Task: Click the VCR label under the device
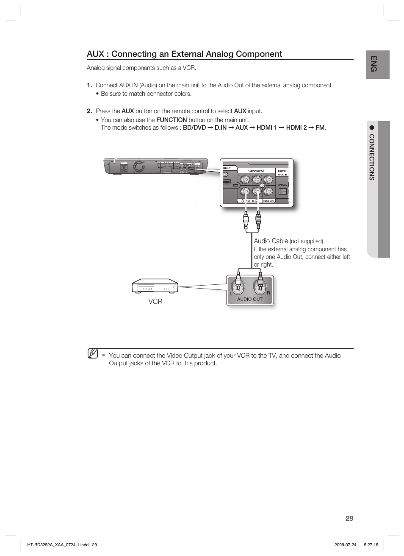155,301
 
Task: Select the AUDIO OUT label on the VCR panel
249,299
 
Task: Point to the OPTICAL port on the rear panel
282,191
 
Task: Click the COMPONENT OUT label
256,171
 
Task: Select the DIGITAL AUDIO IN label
282,173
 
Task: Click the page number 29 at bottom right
349,518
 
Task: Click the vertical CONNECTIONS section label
372,157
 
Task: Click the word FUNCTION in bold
171,120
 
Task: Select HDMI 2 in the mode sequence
296,128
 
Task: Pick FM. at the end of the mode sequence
321,128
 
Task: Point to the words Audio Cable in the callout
271,241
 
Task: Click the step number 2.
89,111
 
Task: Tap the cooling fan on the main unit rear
138,167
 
